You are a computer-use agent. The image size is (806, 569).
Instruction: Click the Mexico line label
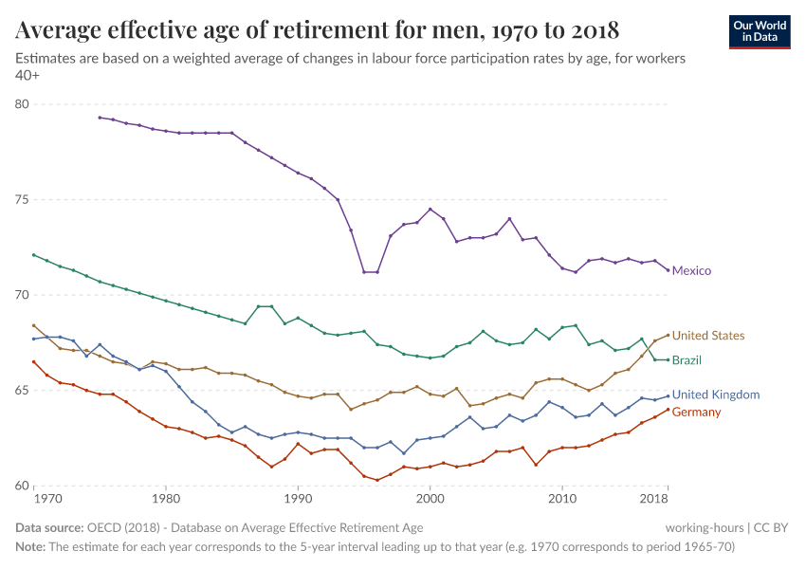(x=692, y=270)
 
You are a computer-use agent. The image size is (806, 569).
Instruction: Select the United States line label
(x=708, y=336)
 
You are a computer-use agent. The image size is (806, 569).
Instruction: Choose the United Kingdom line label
(x=715, y=395)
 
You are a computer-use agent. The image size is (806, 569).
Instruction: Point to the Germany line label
(x=696, y=412)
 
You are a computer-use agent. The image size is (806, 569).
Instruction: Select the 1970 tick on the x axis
(x=47, y=498)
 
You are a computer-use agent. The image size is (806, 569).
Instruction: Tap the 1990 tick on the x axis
(x=298, y=498)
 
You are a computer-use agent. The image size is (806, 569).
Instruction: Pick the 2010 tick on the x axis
(x=562, y=498)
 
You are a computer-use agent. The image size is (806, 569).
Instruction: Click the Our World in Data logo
(x=760, y=30)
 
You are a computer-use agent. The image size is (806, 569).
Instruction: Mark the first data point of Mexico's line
(x=100, y=118)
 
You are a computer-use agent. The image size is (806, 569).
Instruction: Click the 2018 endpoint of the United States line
(x=668, y=335)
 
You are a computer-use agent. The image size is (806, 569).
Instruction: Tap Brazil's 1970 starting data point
(x=34, y=255)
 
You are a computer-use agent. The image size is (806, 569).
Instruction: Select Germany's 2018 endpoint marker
(x=668, y=410)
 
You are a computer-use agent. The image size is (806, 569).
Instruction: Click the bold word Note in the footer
(x=31, y=547)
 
